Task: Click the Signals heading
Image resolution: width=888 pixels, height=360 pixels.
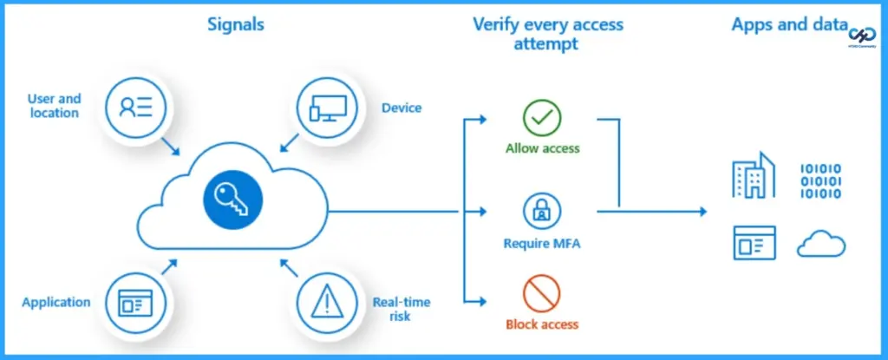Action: pos(235,25)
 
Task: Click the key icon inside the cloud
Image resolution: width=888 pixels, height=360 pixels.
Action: pos(232,202)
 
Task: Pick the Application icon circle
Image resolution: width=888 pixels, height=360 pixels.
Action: pos(134,301)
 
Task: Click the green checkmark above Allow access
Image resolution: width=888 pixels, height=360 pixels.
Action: pos(542,117)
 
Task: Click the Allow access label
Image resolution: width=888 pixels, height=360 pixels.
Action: pos(543,148)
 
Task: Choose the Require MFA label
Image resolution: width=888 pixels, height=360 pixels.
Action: pos(542,244)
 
